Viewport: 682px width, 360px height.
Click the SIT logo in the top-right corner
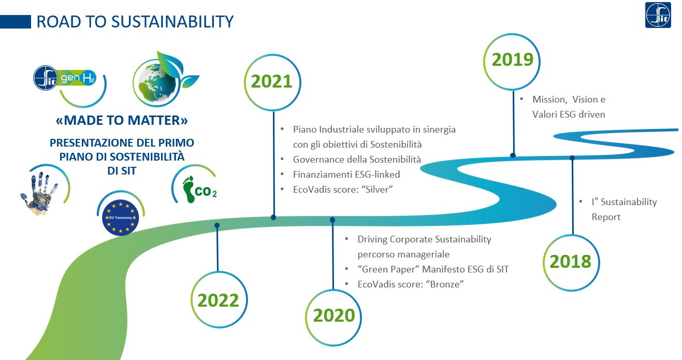click(x=658, y=15)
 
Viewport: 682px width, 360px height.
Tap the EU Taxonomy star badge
click(x=121, y=218)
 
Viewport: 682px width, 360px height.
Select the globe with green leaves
click(x=162, y=80)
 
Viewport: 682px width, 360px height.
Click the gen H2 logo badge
click(x=65, y=78)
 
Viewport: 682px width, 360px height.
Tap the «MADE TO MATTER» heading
click(x=122, y=120)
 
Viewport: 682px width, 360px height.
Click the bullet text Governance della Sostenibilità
click(x=357, y=160)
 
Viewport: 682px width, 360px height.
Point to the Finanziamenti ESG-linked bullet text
click(x=346, y=174)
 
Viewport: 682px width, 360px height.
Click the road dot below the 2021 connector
click(x=273, y=217)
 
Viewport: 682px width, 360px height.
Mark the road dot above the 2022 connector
click(x=217, y=225)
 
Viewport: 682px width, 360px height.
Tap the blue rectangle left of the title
click(x=15, y=22)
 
